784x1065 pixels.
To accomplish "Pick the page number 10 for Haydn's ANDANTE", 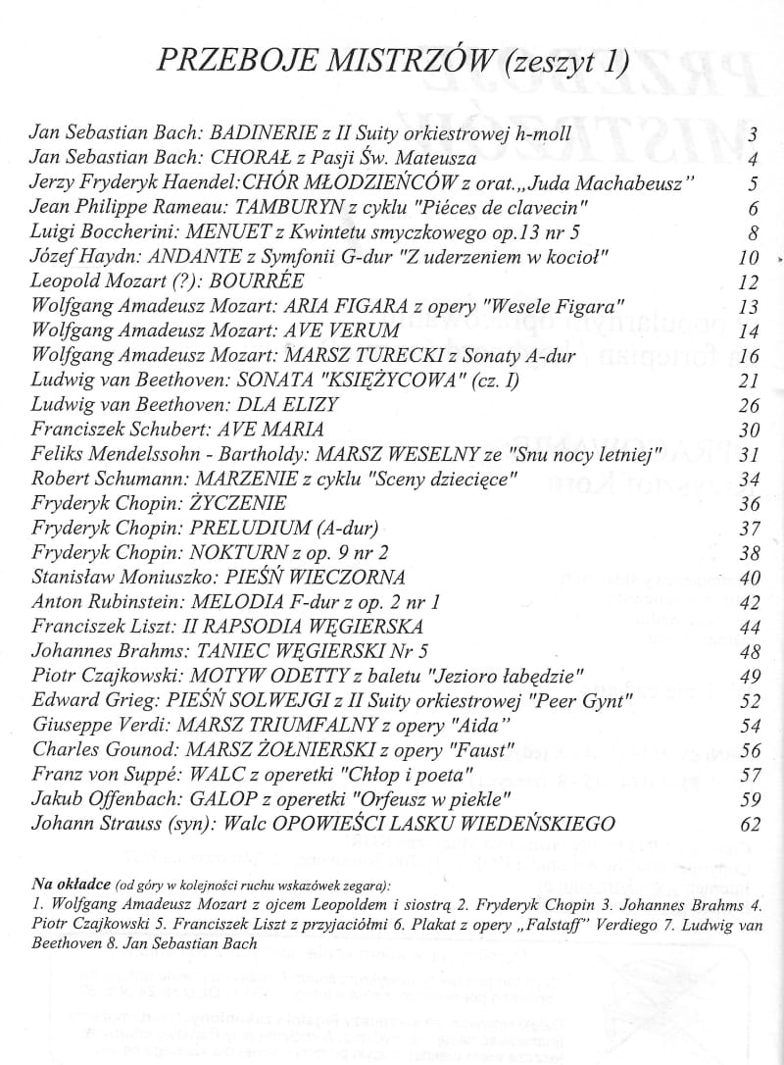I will click(748, 259).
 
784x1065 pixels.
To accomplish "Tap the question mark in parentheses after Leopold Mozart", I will click(172, 282).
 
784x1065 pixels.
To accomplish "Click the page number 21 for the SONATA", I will click(748, 380).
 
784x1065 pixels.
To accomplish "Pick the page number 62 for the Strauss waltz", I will click(750, 823).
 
